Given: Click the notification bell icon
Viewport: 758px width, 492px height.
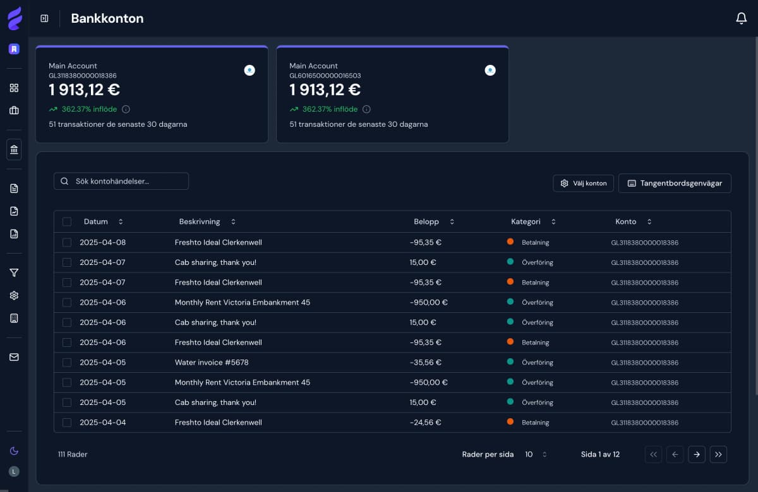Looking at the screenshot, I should pos(742,19).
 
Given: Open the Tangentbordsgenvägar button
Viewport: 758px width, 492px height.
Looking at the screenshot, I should pos(675,184).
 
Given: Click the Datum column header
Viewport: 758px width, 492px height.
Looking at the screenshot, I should pos(96,222).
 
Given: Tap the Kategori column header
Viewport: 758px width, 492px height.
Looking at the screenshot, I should pos(526,222).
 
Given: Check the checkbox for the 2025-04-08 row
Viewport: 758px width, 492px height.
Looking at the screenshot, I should pos(67,242).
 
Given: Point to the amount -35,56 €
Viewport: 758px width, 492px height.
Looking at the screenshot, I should pos(425,363).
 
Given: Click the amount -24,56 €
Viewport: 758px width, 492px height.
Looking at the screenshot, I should pos(425,423).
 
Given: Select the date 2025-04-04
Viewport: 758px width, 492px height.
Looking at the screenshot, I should pos(102,423).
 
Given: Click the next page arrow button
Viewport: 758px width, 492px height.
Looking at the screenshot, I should pos(697,454).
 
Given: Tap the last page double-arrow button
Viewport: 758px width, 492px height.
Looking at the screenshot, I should pos(718,454).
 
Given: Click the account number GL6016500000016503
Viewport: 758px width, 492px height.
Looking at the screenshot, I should pos(325,76).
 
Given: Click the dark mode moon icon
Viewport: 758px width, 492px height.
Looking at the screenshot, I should pos(14,450).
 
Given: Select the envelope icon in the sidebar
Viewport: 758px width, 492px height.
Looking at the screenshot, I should pos(14,357).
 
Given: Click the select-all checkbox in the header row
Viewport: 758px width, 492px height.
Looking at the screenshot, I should pos(67,222).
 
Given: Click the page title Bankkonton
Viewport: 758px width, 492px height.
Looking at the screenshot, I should pos(107,19).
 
